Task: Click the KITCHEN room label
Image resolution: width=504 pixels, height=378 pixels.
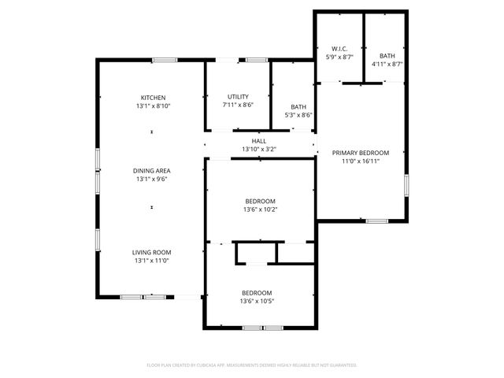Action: [x=152, y=98]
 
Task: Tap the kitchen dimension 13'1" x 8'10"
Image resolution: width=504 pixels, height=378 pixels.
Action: [x=152, y=106]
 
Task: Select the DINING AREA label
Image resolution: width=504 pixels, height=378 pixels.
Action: [x=152, y=171]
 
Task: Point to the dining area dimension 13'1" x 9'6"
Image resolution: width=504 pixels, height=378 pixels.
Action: [x=152, y=179]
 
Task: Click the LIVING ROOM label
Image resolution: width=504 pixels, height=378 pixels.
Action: [x=152, y=252]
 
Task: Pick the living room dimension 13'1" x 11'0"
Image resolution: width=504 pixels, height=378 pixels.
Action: [x=152, y=260]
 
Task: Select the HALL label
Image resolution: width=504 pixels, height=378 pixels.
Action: [x=259, y=141]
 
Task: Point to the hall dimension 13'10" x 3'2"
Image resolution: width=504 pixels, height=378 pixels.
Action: [x=259, y=149]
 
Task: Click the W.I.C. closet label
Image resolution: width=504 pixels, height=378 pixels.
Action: [x=339, y=49]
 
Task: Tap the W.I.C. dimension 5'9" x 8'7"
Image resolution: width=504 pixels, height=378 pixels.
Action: [x=339, y=57]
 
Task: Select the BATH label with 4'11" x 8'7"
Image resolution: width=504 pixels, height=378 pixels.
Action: [x=387, y=56]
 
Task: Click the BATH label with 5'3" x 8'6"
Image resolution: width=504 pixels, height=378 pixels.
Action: [x=298, y=107]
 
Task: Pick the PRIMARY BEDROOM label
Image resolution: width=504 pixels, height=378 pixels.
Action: [x=361, y=153]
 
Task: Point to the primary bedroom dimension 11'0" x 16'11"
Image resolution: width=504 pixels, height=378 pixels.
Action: [x=361, y=161]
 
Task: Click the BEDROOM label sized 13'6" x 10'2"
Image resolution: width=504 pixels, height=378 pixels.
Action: [x=259, y=201]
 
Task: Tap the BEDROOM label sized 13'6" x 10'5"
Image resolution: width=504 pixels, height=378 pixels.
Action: [x=257, y=293]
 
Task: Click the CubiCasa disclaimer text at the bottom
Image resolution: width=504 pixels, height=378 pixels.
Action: [x=252, y=365]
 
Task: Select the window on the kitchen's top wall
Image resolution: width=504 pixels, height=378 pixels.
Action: [x=164, y=60]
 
